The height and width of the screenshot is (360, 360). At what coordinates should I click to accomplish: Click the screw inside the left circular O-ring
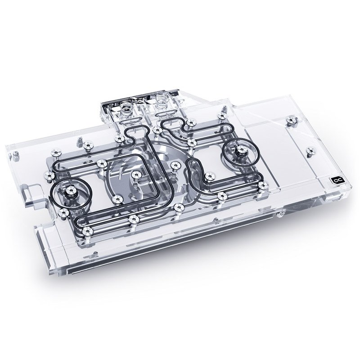(x=71, y=193)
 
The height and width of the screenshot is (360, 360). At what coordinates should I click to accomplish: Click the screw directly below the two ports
(x=157, y=130)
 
